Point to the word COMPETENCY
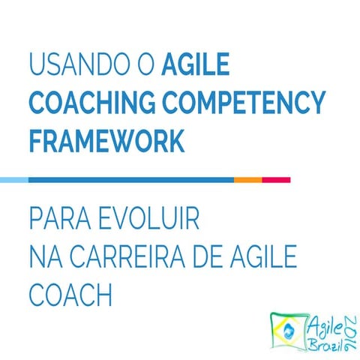tap(240, 103)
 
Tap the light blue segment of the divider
tap(13, 180)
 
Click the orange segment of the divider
tap(247, 180)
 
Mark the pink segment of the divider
tap(276, 180)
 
